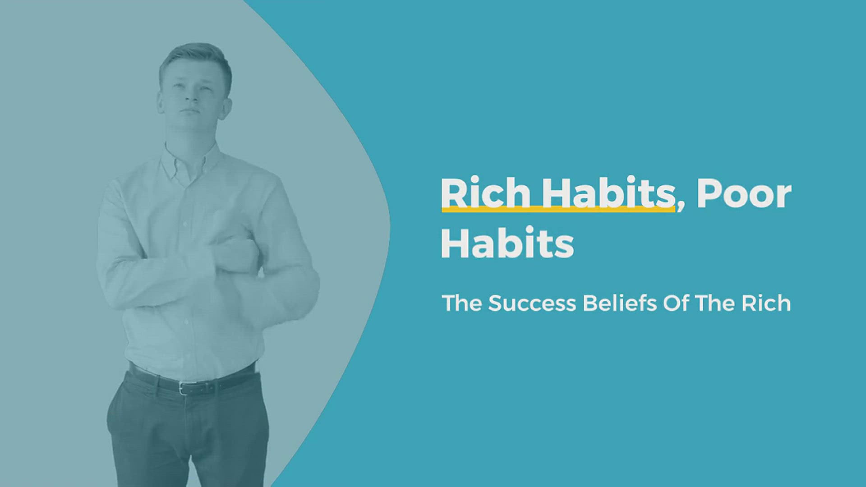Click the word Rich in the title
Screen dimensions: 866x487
click(486, 193)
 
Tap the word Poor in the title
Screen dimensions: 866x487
click(744, 193)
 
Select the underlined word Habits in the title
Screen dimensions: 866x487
click(608, 193)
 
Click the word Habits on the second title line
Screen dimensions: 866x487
click(507, 243)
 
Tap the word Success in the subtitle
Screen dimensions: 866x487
click(532, 303)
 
